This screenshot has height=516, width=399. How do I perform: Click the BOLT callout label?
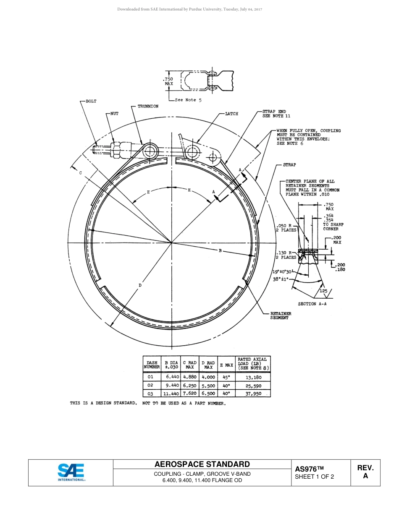coord(91,101)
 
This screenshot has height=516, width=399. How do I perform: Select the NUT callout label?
coord(114,113)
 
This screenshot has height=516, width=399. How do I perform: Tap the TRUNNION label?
coord(148,107)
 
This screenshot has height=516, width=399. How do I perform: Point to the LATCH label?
coord(231,114)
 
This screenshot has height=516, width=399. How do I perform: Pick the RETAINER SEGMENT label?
coord(281,315)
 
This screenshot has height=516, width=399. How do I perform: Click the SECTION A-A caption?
coord(312,304)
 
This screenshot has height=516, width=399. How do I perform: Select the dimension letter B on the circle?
coord(220,251)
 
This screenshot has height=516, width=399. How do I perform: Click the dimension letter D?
coord(140,285)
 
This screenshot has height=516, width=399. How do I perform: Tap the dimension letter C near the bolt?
coord(80,173)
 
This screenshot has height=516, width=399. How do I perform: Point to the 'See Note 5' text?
coord(188,100)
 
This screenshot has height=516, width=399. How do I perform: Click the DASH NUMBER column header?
coord(152,365)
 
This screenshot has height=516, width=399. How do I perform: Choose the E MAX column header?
coord(226,365)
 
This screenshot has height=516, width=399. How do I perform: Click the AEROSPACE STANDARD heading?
coord(202,464)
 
